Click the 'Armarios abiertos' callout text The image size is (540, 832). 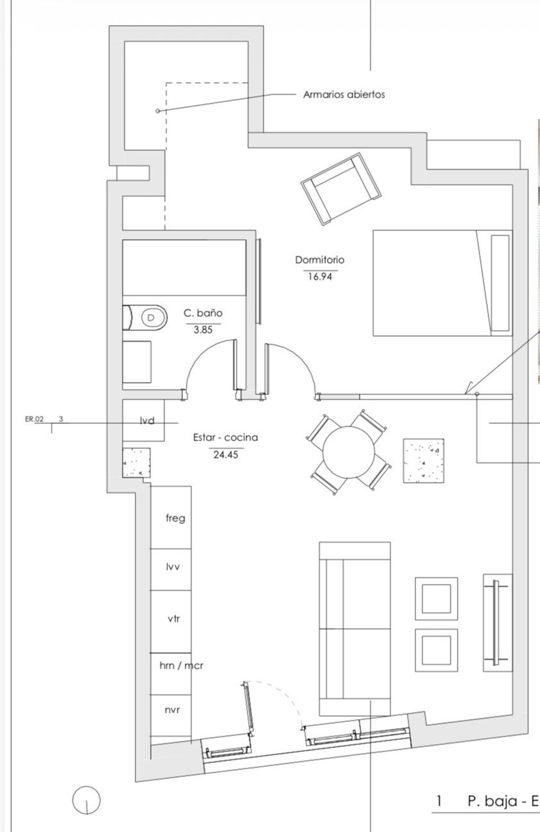(x=344, y=95)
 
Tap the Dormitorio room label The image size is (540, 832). (x=320, y=260)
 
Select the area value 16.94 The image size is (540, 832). (x=320, y=277)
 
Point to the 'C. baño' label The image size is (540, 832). (x=203, y=313)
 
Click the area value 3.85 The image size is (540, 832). (x=203, y=330)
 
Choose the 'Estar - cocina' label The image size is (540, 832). (x=226, y=438)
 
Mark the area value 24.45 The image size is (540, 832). (x=226, y=455)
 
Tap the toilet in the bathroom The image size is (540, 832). (x=145, y=318)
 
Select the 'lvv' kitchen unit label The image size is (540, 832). (x=173, y=567)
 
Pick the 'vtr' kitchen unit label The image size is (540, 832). (x=174, y=619)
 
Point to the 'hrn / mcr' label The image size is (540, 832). (x=181, y=666)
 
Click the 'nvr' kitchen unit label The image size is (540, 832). (x=172, y=710)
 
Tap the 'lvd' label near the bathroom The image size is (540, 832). (x=147, y=420)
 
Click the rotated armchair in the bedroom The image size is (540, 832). (x=341, y=189)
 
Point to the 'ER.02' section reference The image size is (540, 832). (x=34, y=419)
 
